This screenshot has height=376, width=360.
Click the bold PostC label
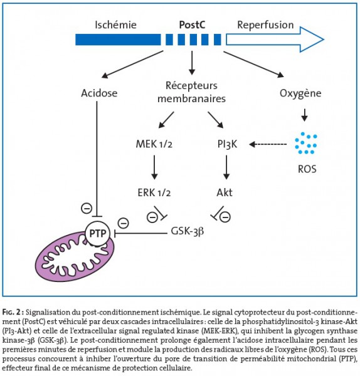coord(192,24)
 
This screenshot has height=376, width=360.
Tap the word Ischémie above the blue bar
coord(115,24)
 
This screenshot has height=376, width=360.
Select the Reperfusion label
coord(265,25)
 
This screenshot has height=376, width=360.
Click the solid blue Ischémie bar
coord(118,39)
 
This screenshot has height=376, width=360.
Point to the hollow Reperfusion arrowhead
coord(312,39)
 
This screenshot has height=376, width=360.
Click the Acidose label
coord(99,93)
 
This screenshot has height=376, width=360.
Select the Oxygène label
coord(300,93)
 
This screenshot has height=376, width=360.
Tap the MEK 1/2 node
coord(154,144)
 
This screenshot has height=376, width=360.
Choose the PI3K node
coord(227,144)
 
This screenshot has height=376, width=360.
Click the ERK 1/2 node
coord(154,192)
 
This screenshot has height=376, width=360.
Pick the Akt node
coord(225,192)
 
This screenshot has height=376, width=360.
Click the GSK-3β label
coord(187,231)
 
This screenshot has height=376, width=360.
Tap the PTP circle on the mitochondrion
coord(98,233)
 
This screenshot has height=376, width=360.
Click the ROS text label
coord(307,169)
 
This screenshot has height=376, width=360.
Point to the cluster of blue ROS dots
coord(306,143)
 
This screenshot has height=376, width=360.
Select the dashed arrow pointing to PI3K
coord(268,144)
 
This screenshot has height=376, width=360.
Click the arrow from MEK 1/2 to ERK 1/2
coord(154,167)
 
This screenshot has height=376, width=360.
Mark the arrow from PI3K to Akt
coord(226,167)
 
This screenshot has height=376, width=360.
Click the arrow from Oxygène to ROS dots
coord(304,115)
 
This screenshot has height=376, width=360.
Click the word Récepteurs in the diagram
coord(191,86)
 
